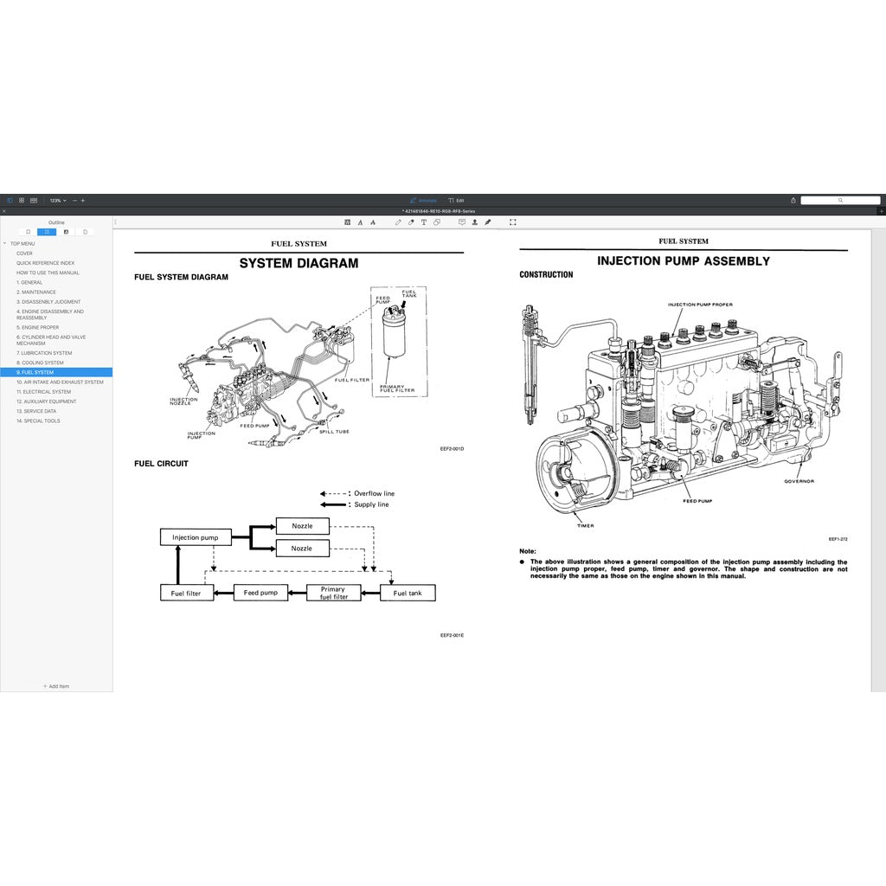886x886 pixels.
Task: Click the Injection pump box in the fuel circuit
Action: tap(196, 537)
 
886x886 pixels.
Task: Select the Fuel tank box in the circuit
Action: tap(408, 593)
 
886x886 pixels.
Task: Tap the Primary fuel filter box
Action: tap(333, 593)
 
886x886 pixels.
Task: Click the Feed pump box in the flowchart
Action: tap(260, 593)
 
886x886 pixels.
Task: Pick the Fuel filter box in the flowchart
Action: tap(186, 593)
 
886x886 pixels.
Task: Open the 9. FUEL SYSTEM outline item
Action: tap(35, 372)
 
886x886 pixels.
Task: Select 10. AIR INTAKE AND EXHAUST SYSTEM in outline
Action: tap(59, 382)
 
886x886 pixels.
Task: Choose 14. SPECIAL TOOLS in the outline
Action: tap(38, 421)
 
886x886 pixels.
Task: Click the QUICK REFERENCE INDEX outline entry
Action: tap(45, 263)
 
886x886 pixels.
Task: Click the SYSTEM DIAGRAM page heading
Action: tap(299, 263)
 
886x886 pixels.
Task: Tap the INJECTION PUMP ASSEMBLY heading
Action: tap(683, 260)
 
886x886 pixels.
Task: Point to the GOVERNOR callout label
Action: tap(799, 481)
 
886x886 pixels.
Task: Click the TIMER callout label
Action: tap(585, 525)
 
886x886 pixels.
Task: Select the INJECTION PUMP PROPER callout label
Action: tap(700, 305)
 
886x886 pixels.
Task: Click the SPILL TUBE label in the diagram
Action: tap(334, 431)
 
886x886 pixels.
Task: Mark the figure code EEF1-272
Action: tap(838, 538)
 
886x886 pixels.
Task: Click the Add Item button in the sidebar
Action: tap(56, 686)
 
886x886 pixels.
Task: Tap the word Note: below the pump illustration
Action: tap(528, 551)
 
